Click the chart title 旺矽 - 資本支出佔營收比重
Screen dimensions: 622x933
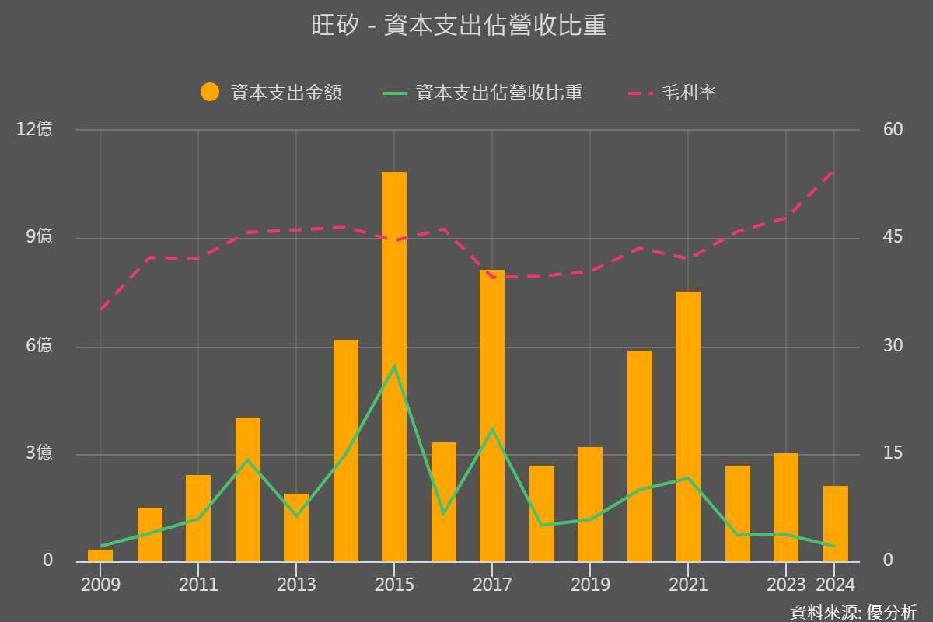(459, 26)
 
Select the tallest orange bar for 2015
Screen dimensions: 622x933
(394, 365)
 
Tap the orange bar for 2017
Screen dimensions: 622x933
(492, 416)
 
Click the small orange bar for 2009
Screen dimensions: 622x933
(100, 555)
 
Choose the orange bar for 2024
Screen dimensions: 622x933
(836, 523)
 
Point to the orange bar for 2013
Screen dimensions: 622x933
(296, 527)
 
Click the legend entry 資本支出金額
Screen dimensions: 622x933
(271, 93)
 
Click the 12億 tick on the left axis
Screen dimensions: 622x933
(34, 129)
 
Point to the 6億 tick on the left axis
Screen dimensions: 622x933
(34, 345)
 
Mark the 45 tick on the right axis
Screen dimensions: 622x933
(893, 237)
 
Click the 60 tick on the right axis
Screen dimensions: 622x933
(893, 129)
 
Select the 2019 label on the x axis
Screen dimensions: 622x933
(590, 584)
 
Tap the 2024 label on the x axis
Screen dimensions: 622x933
(835, 584)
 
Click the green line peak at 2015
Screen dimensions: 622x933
(394, 366)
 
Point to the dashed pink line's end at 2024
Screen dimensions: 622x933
(833, 170)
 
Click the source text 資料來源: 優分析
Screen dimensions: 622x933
(853, 611)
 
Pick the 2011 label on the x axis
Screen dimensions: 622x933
(198, 584)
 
